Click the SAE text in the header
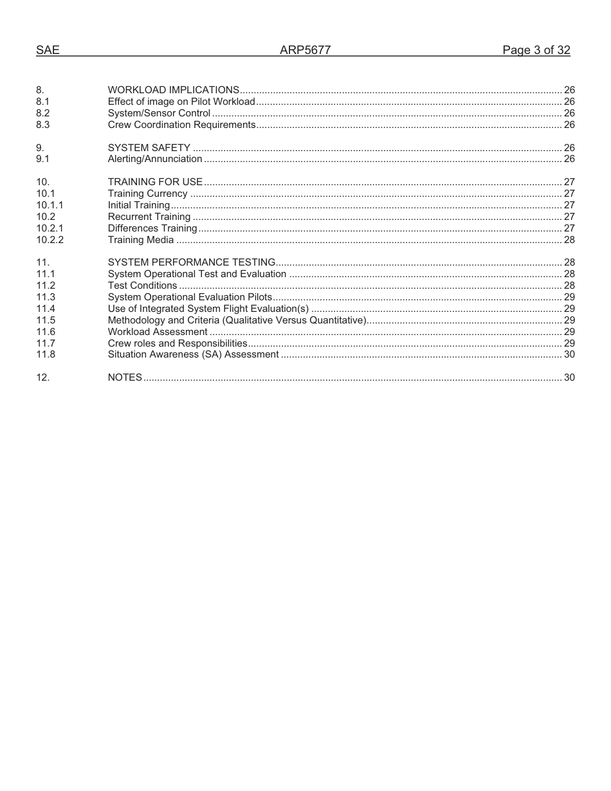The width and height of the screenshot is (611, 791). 48,50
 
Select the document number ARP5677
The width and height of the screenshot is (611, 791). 305,50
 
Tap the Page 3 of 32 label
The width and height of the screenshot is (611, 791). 536,50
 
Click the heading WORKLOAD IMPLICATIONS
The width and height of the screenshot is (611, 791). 174,90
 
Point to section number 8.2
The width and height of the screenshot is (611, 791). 43,113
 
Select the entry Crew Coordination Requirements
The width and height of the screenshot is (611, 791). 181,125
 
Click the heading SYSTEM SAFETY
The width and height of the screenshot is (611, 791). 149,148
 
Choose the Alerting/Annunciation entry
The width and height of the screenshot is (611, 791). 155,159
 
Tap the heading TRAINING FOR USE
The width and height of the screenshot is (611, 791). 155,182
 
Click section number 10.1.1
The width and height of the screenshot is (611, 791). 50,205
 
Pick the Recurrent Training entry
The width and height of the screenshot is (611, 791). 149,217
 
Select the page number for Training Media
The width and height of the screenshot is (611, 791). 569,240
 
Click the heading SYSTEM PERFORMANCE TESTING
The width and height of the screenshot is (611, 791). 192,262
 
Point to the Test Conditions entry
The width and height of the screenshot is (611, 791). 142,286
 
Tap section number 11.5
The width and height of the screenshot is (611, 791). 46,320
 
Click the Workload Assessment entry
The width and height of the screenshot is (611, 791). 158,332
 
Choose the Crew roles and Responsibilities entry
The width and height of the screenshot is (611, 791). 178,343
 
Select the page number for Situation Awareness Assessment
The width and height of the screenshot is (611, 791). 569,354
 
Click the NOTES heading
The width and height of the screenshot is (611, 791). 125,377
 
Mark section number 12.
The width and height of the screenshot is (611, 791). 43,377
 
